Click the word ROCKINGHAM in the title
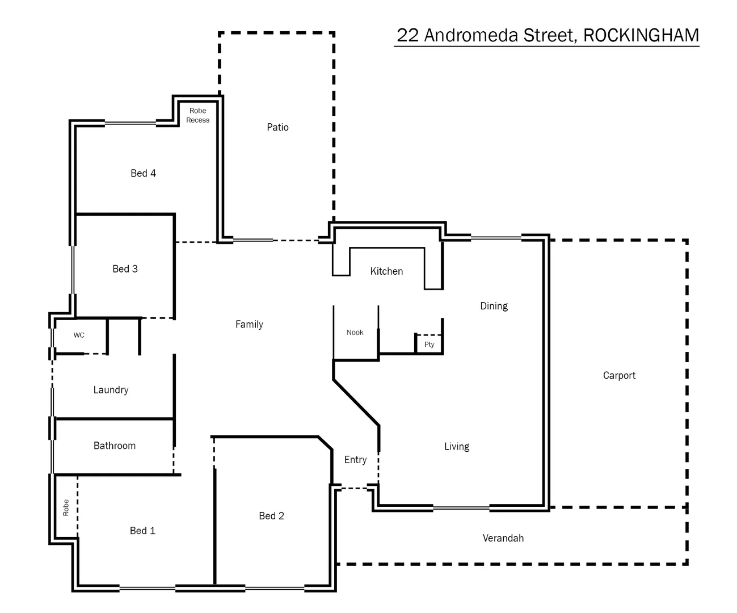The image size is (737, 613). click(x=641, y=35)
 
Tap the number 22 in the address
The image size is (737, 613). click(x=407, y=35)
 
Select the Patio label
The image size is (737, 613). click(x=277, y=127)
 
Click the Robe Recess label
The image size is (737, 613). click(x=197, y=115)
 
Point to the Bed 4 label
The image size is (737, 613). click(x=143, y=173)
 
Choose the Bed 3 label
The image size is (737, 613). click(x=125, y=268)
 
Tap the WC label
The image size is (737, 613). click(x=79, y=335)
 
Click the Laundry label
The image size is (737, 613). click(x=111, y=389)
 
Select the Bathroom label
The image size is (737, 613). click(x=114, y=446)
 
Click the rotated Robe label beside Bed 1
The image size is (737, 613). click(x=66, y=507)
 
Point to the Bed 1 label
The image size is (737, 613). click(x=142, y=530)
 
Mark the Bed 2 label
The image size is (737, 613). click(x=271, y=515)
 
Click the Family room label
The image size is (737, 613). click(x=249, y=324)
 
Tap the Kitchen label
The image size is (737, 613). click(x=386, y=271)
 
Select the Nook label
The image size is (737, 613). click(x=355, y=332)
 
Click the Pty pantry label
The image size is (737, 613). click(x=429, y=345)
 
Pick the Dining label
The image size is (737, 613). click(x=494, y=306)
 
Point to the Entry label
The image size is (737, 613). click(x=355, y=460)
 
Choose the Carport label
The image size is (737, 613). click(x=619, y=375)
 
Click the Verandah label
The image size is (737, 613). click(x=503, y=538)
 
